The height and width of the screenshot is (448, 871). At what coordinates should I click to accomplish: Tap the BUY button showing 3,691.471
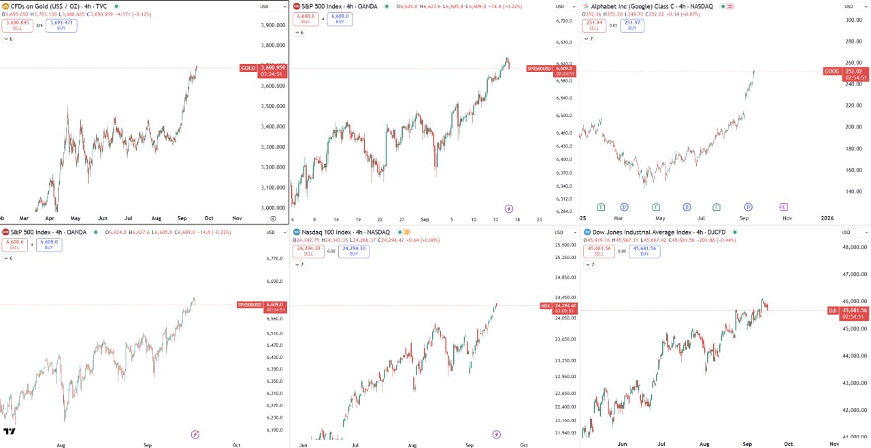coord(62,26)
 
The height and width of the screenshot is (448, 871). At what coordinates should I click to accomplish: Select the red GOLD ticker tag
coord(248,68)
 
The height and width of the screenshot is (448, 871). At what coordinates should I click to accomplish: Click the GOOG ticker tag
coord(832,71)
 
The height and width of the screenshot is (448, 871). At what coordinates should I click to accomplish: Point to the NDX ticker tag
coord(545,306)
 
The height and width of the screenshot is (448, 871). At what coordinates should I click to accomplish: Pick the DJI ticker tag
coord(832,311)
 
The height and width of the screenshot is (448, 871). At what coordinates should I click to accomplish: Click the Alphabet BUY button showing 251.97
coord(632,26)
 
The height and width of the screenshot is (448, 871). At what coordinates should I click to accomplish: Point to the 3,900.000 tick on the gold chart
coord(272,25)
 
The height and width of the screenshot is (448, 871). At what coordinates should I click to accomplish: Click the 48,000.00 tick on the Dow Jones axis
coord(855,247)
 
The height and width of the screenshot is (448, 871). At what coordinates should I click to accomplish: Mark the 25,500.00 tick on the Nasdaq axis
coord(566,245)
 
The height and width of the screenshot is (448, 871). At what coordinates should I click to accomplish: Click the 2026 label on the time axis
coord(827,218)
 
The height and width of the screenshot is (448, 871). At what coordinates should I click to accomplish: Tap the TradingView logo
coord(10,432)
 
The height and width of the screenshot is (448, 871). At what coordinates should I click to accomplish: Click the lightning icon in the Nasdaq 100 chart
coord(496,434)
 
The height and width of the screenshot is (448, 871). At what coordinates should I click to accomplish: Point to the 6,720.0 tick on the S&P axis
coord(564,21)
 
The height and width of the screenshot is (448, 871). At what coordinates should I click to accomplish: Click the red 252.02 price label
coord(853,71)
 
